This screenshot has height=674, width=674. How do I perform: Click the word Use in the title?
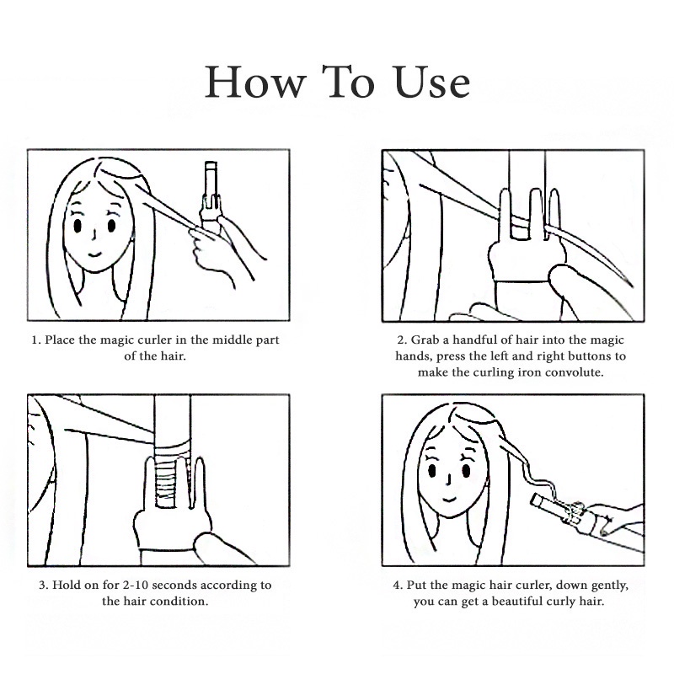point(432,83)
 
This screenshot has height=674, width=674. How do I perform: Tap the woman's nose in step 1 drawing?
point(94,235)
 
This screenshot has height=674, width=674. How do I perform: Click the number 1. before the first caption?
point(36,340)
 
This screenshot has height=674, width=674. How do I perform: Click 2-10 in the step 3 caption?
point(136,585)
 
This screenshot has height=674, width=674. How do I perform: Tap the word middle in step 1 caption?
point(233,340)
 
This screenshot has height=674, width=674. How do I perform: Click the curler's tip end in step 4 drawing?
point(536,500)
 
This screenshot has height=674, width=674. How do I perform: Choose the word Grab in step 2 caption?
point(425,340)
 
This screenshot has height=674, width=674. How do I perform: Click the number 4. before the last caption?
point(398,585)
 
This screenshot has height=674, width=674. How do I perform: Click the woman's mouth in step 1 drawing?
point(95,254)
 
